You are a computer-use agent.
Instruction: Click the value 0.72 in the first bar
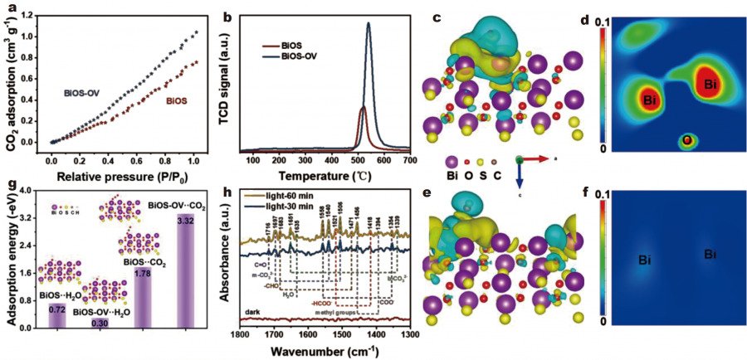[x=57, y=309]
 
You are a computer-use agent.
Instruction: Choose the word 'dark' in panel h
[x=253, y=311]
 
